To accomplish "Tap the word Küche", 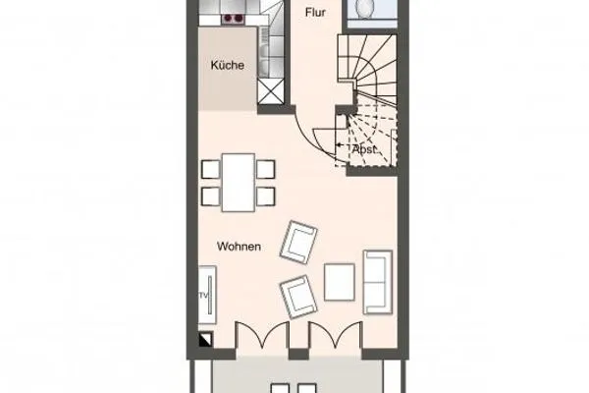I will coord(227,66).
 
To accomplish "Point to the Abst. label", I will coord(364,149).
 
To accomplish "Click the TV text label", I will coord(204,294).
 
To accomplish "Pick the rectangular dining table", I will coord(237,182).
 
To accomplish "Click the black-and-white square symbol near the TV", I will coord(204,340).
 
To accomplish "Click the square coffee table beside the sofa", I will coord(340,283).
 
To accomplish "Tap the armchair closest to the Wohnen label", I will coord(300,243).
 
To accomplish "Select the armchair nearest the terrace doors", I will coord(297,294).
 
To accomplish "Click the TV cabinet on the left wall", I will coord(209,294).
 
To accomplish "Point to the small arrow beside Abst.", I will coord(340,144).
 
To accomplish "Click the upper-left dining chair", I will coord(210,169).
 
